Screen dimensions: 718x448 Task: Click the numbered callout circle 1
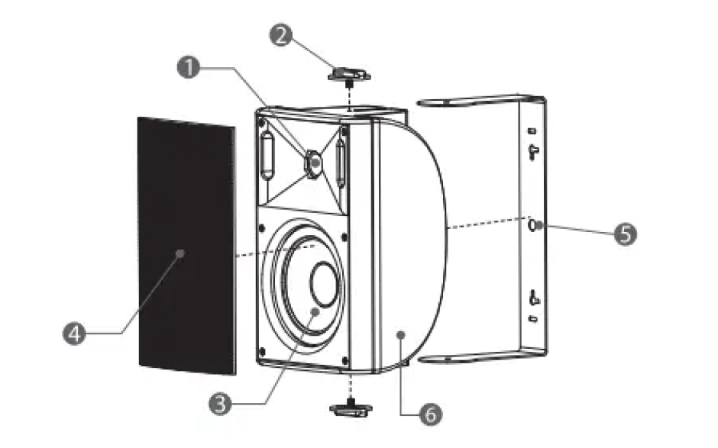[x=188, y=67]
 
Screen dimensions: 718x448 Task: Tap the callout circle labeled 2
[x=280, y=35]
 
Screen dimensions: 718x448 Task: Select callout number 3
[x=220, y=404]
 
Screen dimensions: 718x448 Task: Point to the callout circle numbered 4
[x=74, y=334]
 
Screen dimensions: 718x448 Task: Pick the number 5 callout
[x=625, y=234]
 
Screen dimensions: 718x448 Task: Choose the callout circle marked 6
[x=431, y=414]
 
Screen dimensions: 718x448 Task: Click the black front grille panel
[x=187, y=246]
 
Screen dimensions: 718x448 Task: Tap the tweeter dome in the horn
[x=314, y=163]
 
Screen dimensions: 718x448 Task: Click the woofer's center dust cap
[x=325, y=284]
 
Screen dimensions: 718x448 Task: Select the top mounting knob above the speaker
[x=349, y=75]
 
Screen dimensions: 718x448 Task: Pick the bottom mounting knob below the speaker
[x=351, y=408]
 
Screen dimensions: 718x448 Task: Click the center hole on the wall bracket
[x=532, y=225]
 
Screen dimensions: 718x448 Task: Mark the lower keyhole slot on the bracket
[x=533, y=298]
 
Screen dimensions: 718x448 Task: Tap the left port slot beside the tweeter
[x=268, y=155]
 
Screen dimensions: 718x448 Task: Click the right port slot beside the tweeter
[x=340, y=163]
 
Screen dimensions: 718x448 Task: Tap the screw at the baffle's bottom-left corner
[x=262, y=351]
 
